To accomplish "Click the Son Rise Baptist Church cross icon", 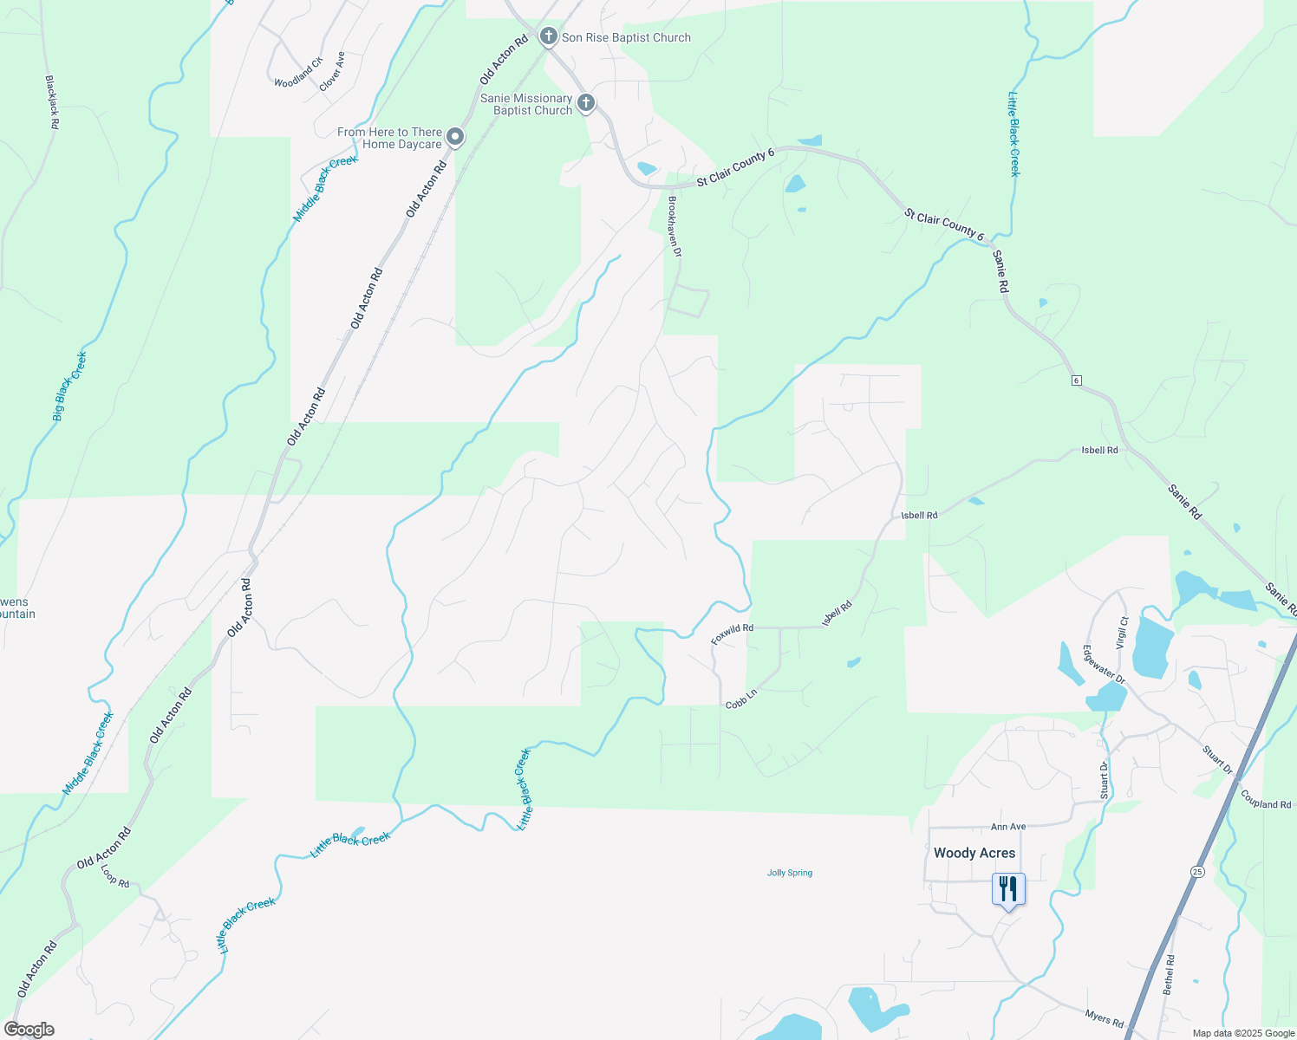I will pos(548,36).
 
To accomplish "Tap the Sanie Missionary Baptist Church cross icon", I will pos(586,104).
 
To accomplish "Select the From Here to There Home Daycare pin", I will pos(455,138).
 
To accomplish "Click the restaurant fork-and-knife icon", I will pos(1008,889).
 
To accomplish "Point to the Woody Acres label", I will pos(974,853).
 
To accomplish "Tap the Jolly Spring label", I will pos(790,873).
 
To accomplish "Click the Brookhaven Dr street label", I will pos(674,225).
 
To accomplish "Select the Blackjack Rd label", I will pos(52,102).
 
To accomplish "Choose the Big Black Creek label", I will pos(69,387).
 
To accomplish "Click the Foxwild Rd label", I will pos(732,634).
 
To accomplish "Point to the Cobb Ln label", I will pos(741,699).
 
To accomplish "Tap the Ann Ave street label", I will pos(1008,827).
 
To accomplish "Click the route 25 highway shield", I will pos(1197,871).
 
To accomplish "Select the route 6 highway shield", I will pos(1076,380).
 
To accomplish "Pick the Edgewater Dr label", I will pos(1104,665).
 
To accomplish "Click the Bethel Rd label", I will pos(1169,974).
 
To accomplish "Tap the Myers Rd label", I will pos(1105,1018).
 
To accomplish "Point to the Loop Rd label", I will pos(114,876).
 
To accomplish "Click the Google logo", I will pos(29,1030).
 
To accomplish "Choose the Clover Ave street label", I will pos(332,72).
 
